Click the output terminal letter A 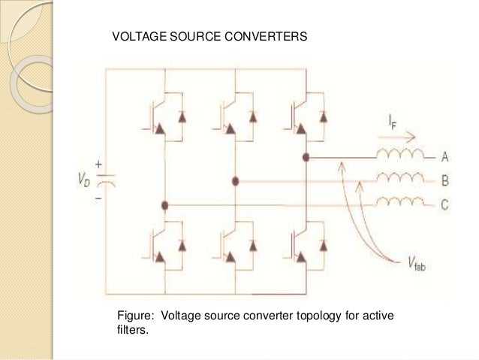tap(445, 157)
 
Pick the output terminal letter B tap(445, 180)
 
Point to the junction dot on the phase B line tap(236, 181)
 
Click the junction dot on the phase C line tap(164, 204)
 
